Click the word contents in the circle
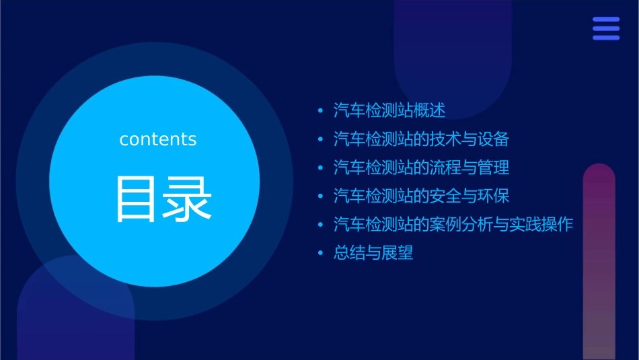coord(158,139)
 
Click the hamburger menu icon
coord(606,28)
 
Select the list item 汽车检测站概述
coord(389,110)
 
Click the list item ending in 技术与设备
coord(421,139)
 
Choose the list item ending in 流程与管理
coord(421,168)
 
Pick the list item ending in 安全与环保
coord(421,196)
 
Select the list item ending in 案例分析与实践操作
coord(453,225)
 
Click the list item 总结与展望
coord(373,253)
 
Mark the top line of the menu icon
coord(606,20)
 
